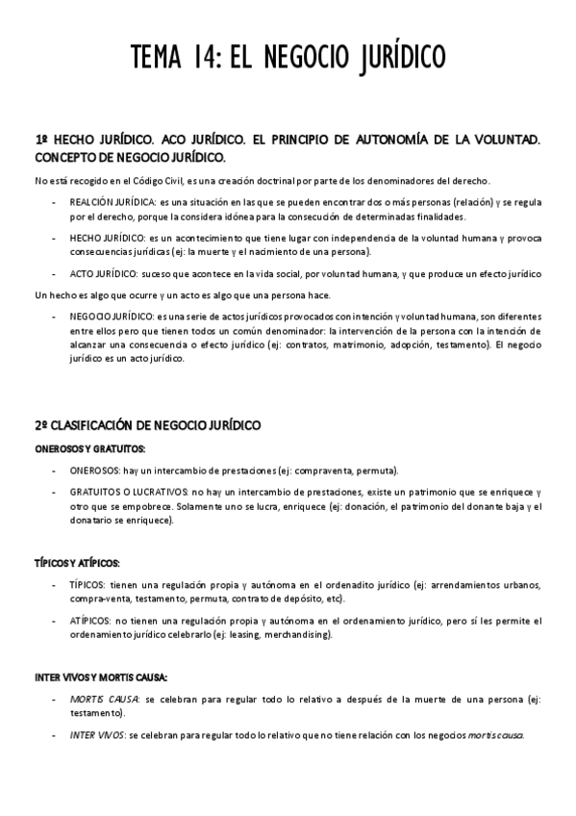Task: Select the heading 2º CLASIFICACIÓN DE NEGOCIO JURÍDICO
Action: (147, 424)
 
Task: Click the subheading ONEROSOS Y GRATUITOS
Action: (89, 448)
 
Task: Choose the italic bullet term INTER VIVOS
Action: (95, 735)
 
